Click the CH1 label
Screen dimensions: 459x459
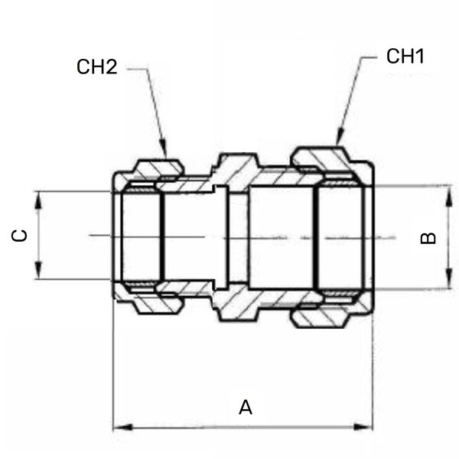405,56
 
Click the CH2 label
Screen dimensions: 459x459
97,67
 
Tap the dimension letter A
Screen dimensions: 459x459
246,407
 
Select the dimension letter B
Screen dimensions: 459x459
428,238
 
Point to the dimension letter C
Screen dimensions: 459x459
19,236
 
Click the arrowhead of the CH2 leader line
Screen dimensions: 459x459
164,148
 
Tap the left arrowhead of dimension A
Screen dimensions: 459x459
122,427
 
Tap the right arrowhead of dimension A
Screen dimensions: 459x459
363,427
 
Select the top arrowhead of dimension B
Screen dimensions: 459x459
449,196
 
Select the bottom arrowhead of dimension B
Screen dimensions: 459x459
449,278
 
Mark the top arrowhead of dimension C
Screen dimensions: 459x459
38,201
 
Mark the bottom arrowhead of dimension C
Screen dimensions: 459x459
38,270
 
